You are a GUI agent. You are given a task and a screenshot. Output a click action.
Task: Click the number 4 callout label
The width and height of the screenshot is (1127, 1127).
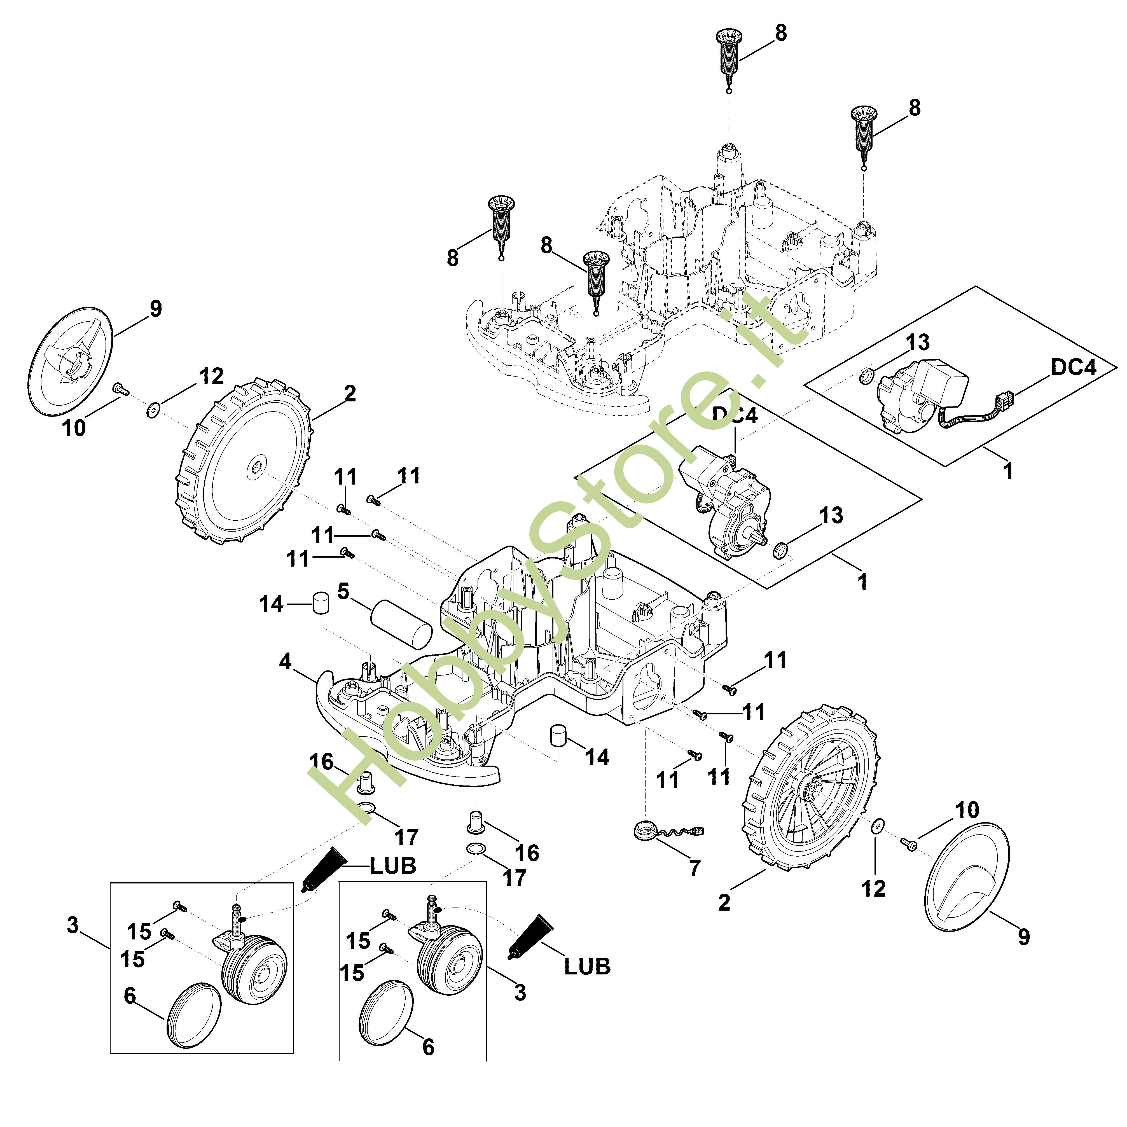coord(285,661)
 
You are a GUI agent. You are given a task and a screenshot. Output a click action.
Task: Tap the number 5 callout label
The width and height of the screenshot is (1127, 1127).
coord(343,591)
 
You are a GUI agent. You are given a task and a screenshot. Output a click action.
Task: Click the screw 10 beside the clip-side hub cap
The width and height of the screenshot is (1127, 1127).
coord(120,389)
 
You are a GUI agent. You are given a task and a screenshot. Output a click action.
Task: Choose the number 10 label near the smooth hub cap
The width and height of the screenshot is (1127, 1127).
coord(967,810)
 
